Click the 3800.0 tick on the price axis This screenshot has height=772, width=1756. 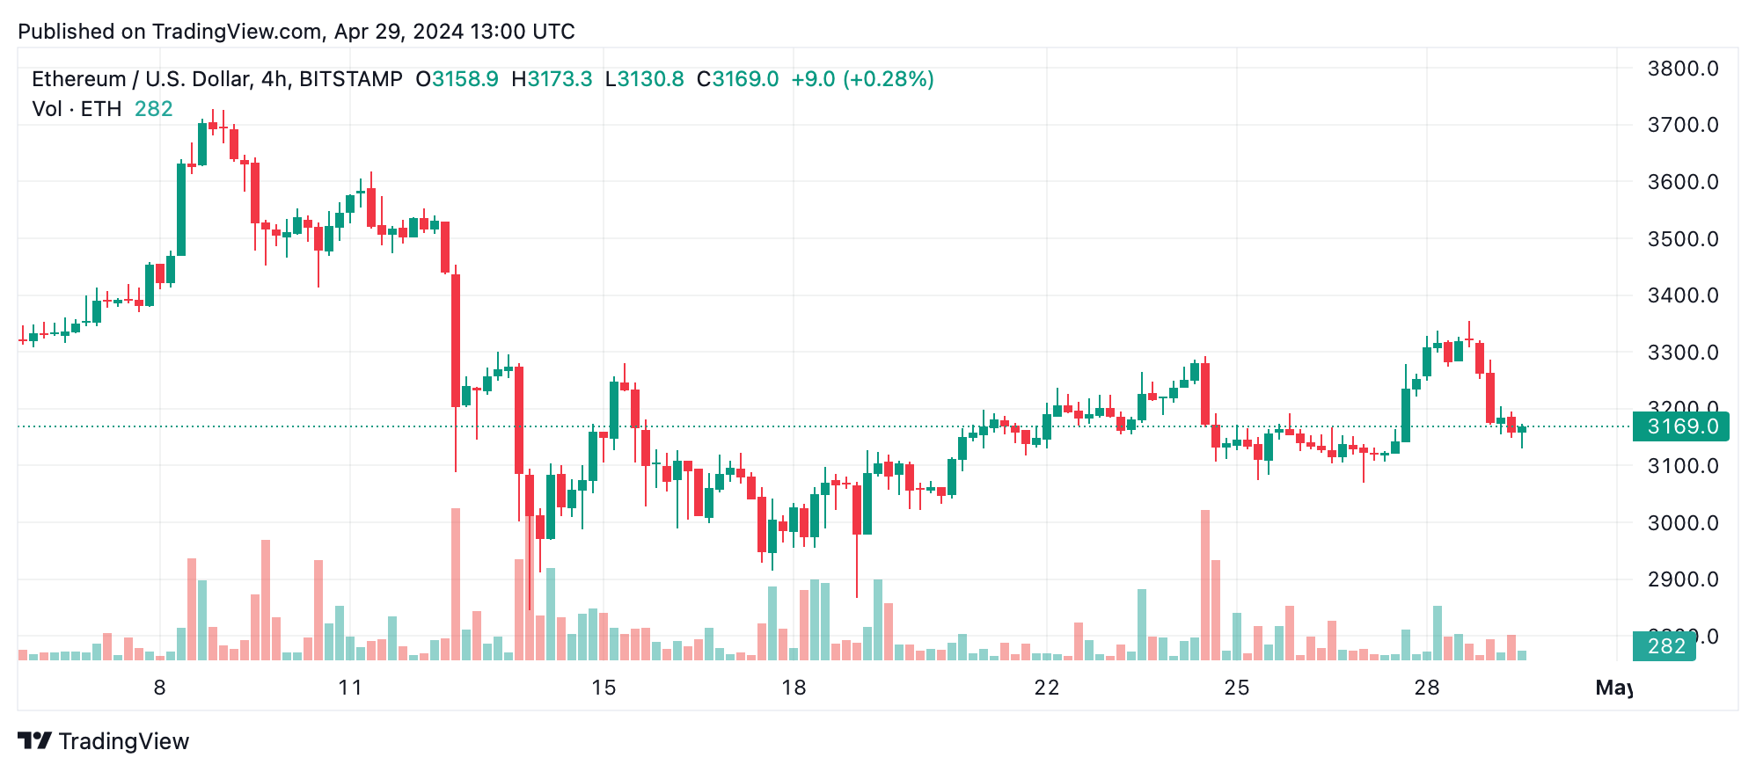pos(1682,69)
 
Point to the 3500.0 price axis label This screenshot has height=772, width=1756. pos(1682,239)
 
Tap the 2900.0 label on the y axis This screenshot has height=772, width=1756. pos(1682,579)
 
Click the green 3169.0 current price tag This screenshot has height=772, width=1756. pos(1680,426)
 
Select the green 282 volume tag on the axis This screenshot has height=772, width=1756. pos(1665,646)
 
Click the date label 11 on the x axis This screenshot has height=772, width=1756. pos(350,688)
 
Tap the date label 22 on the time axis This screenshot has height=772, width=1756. pos(1046,688)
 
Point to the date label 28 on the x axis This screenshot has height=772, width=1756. pos(1426,688)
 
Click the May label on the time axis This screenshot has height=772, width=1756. pos(1613,688)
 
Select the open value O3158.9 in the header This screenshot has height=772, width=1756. pos(457,79)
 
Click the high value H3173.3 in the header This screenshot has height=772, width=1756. pos(552,79)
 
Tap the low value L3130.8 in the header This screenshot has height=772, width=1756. pos(644,79)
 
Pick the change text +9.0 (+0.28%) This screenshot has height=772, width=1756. pos(862,79)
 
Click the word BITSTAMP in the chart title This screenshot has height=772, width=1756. pos(350,79)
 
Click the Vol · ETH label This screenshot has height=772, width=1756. pos(77,109)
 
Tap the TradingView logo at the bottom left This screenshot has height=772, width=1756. pos(104,741)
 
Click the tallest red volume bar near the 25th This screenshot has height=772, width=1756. pos(1205,585)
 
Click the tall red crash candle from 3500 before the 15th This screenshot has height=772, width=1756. pos(456,340)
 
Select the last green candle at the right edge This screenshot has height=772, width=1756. pos(1522,429)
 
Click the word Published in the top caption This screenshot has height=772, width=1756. pos(67,32)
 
